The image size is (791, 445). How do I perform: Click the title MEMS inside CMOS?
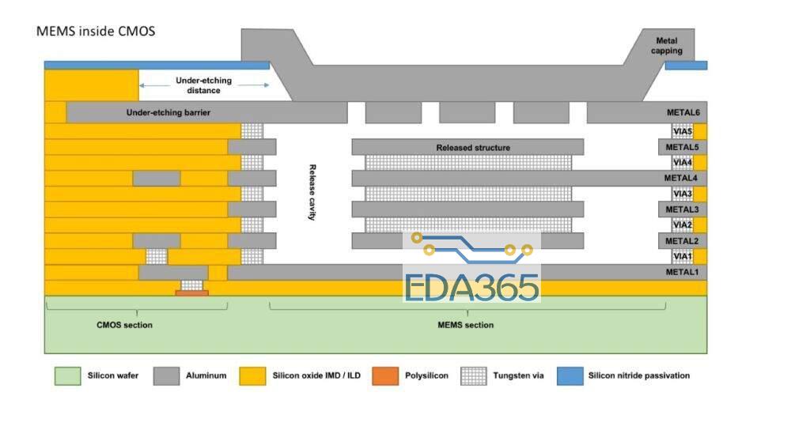click(96, 32)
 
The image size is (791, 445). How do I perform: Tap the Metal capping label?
click(666, 45)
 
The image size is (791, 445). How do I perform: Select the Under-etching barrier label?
click(168, 112)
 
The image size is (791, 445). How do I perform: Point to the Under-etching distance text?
click(204, 85)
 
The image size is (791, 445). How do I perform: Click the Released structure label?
click(473, 148)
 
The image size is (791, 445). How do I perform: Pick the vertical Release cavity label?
click(312, 192)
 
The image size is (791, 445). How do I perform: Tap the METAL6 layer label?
click(683, 112)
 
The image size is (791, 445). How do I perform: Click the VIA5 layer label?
click(682, 131)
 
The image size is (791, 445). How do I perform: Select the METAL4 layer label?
click(680, 178)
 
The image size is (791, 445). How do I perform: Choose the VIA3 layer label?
click(682, 194)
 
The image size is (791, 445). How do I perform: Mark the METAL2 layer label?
click(682, 241)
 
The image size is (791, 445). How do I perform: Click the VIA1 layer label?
click(682, 257)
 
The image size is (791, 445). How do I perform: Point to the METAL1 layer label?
click(682, 272)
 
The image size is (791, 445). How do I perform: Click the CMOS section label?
click(124, 325)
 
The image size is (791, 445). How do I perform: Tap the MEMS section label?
click(466, 325)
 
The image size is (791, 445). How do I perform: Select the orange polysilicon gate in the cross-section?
click(191, 292)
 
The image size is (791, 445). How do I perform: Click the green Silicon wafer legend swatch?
click(67, 376)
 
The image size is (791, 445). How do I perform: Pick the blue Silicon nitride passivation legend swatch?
click(570, 376)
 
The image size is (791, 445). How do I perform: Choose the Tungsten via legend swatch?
click(474, 376)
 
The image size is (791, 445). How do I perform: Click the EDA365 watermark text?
click(471, 287)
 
